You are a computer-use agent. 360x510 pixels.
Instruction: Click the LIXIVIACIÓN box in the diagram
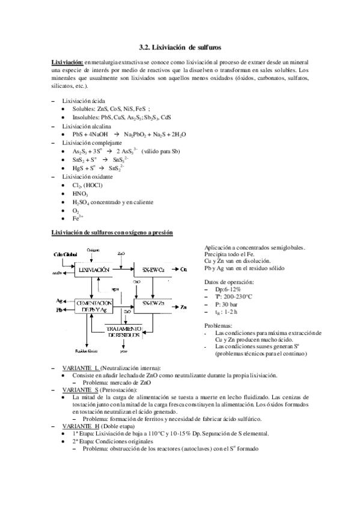pos(94,271)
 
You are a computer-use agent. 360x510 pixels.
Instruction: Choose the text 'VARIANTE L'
pos(80,367)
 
